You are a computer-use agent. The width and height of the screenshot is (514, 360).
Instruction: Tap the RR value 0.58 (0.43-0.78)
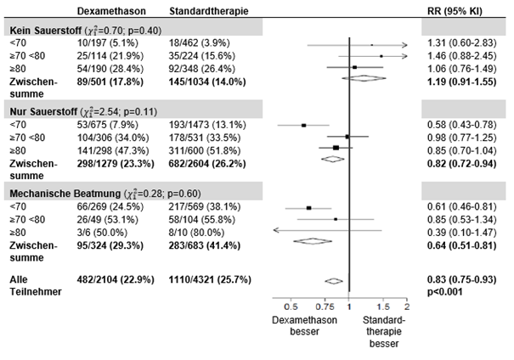(x=458, y=124)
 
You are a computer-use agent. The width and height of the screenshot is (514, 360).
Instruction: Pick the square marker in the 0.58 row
(x=304, y=125)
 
